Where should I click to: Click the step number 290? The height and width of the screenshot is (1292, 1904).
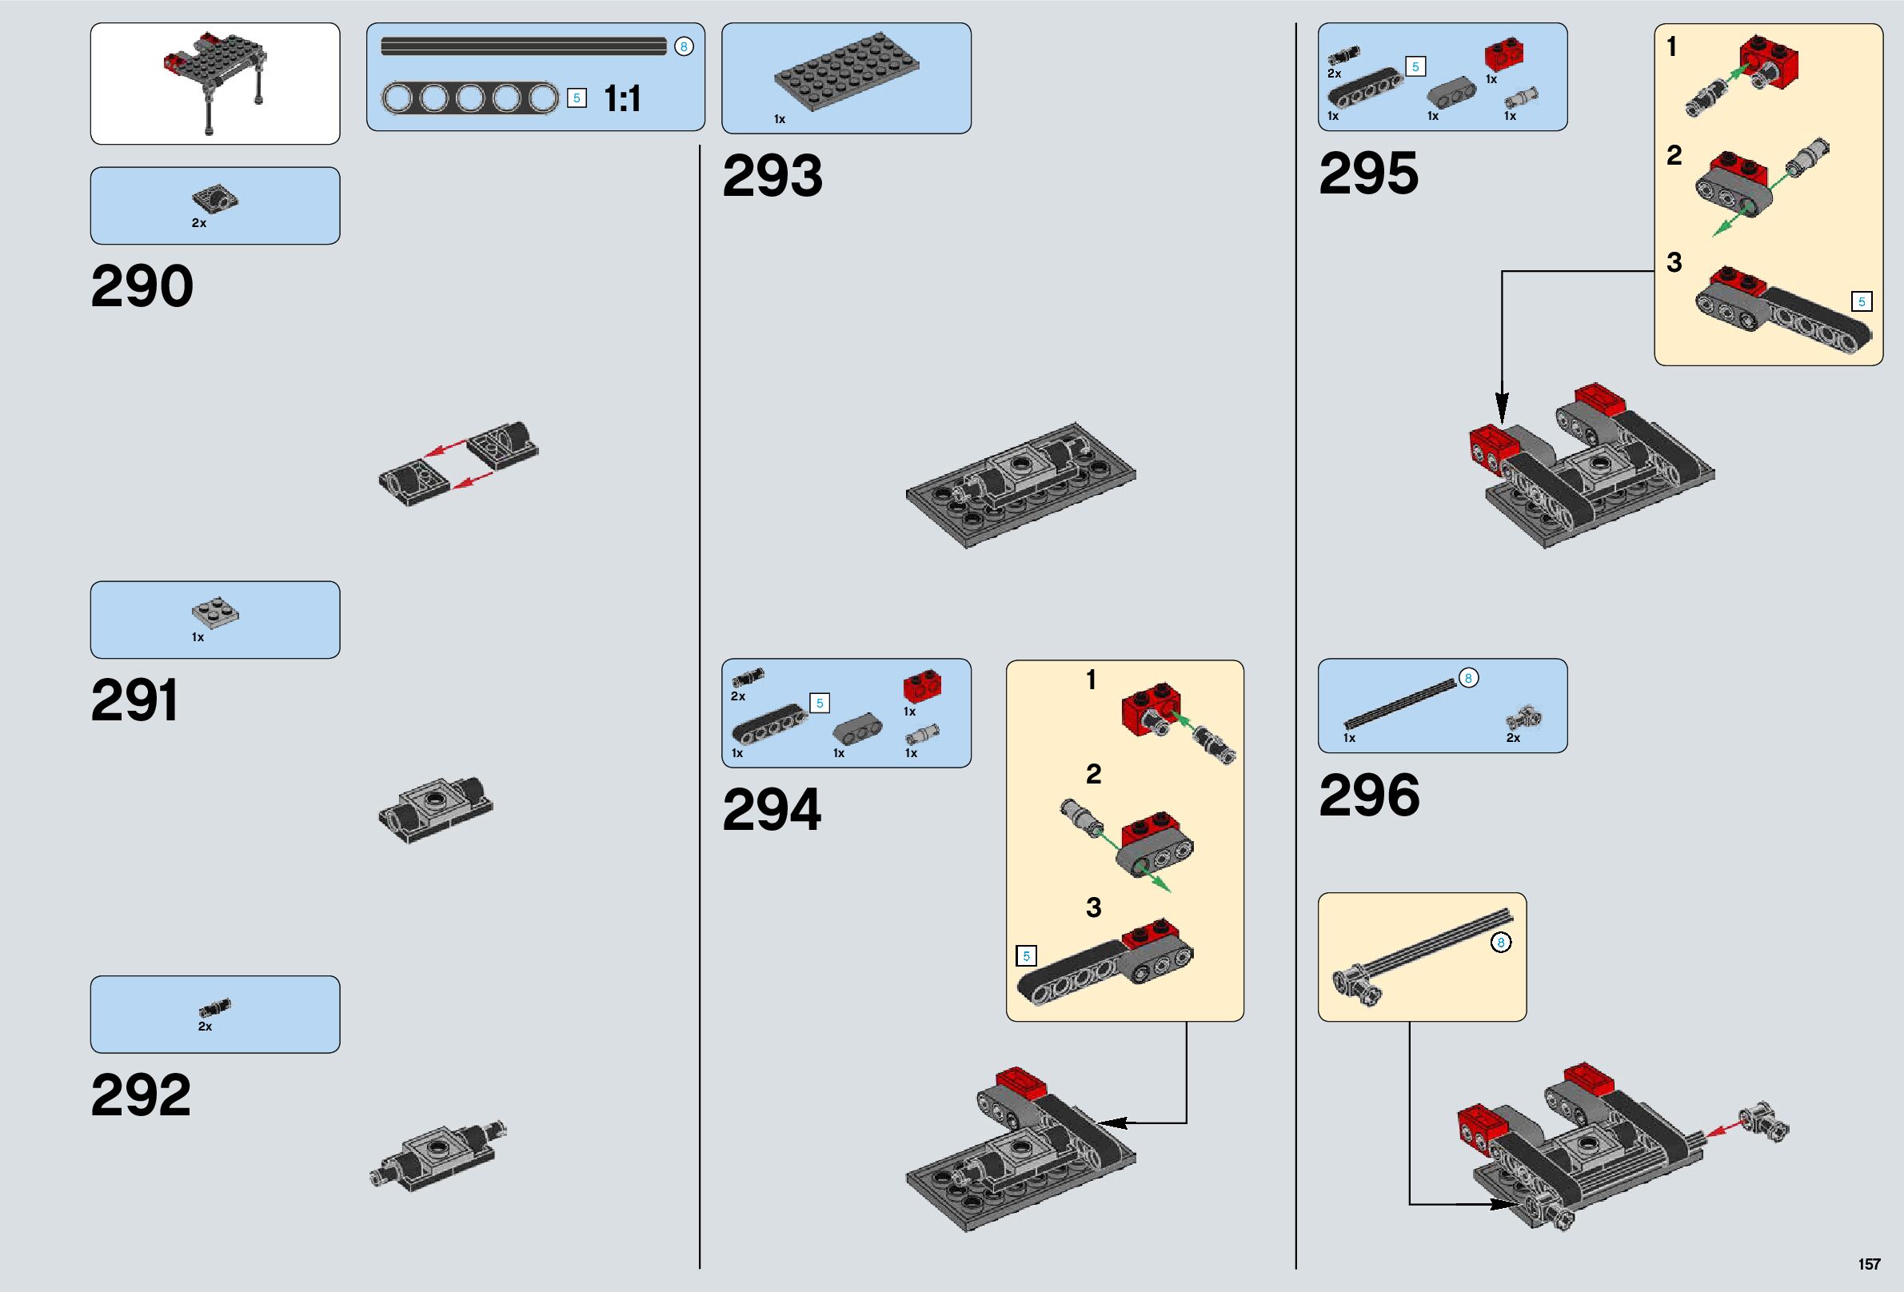pyautogui.click(x=142, y=286)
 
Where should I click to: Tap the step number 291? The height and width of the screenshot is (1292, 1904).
pyautogui.click(x=134, y=700)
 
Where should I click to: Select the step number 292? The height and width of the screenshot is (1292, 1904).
pyautogui.click(x=140, y=1095)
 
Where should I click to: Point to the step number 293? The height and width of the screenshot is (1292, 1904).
pyautogui.click(x=772, y=175)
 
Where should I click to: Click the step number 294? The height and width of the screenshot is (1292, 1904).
pyautogui.click(x=771, y=809)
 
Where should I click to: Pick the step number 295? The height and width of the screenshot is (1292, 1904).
pyautogui.click(x=1368, y=173)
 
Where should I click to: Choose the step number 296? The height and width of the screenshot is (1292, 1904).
pyautogui.click(x=1369, y=795)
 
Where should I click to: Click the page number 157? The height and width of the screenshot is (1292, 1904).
pyautogui.click(x=1869, y=1264)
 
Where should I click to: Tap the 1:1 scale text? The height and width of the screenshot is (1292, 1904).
pyautogui.click(x=622, y=99)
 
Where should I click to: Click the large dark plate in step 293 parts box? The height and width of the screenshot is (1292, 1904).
pyautogui.click(x=846, y=74)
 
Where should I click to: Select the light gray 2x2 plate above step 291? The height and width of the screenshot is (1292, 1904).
pyautogui.click(x=215, y=612)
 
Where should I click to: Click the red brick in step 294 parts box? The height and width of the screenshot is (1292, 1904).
pyautogui.click(x=922, y=686)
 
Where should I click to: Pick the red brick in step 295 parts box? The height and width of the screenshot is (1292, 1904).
pyautogui.click(x=1504, y=55)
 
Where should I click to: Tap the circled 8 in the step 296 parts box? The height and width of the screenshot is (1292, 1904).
pyautogui.click(x=1468, y=677)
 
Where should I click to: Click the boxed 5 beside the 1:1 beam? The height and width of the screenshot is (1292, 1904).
pyautogui.click(x=577, y=98)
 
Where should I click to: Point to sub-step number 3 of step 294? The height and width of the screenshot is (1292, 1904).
pyautogui.click(x=1093, y=907)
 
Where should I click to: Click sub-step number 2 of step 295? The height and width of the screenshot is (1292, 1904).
pyautogui.click(x=1674, y=155)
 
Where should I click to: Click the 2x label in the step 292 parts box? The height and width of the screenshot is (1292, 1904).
pyautogui.click(x=205, y=1027)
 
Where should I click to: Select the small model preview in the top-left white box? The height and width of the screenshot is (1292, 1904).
pyautogui.click(x=214, y=82)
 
